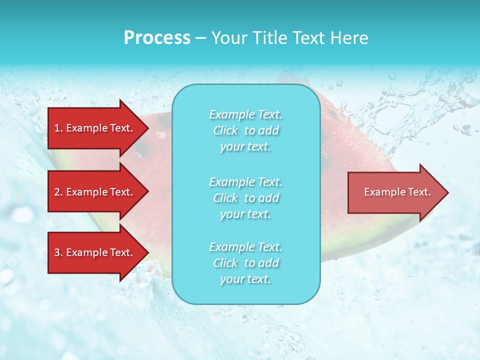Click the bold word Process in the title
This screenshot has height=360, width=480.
(x=157, y=38)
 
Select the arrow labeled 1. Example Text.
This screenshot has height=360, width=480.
(x=95, y=128)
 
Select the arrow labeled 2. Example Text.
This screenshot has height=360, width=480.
(x=95, y=192)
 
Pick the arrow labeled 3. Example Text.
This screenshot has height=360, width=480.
(x=95, y=252)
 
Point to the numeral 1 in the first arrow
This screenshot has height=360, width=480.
(x=57, y=128)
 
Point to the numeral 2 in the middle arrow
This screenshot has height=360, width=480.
(x=57, y=192)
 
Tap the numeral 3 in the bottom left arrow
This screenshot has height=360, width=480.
(x=57, y=252)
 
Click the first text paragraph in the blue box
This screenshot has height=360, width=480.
(x=245, y=130)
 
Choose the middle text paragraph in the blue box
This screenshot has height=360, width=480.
(x=245, y=198)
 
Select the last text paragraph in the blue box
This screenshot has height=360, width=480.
(x=245, y=263)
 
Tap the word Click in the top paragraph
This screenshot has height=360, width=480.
(x=225, y=130)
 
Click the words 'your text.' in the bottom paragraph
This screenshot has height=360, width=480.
(x=245, y=279)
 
